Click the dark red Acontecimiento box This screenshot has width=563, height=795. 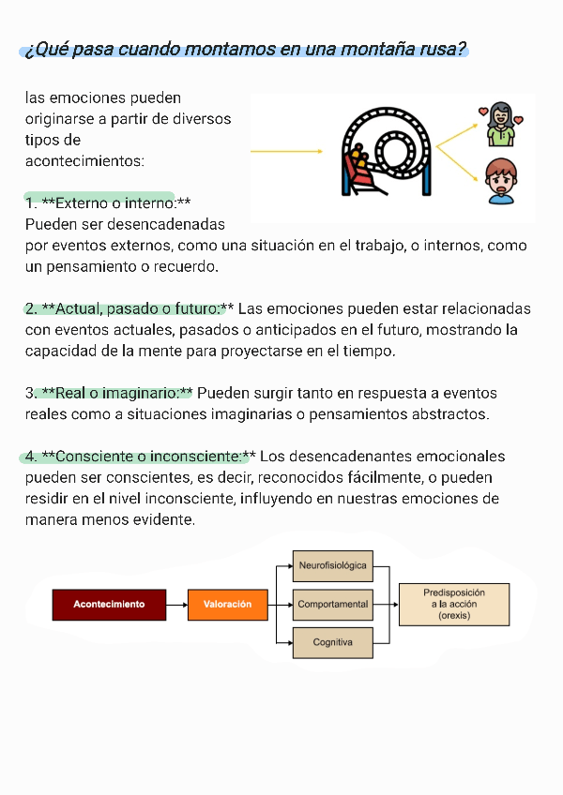point(109,605)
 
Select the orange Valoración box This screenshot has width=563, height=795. point(227,605)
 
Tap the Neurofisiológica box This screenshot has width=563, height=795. point(332,566)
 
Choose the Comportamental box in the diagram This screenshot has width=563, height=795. point(332,605)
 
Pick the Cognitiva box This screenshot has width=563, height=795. point(332,642)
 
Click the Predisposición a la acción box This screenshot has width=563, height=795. point(454,605)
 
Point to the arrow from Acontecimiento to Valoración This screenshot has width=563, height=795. point(176,605)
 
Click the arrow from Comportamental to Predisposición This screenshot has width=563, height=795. point(386,605)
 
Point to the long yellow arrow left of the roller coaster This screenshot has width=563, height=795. point(286,151)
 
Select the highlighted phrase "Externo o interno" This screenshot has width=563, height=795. point(115,203)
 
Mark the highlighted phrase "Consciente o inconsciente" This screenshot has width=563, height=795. point(148,457)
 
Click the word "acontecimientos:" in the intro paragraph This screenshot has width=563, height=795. point(84,161)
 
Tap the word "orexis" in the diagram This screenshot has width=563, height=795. point(454,616)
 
